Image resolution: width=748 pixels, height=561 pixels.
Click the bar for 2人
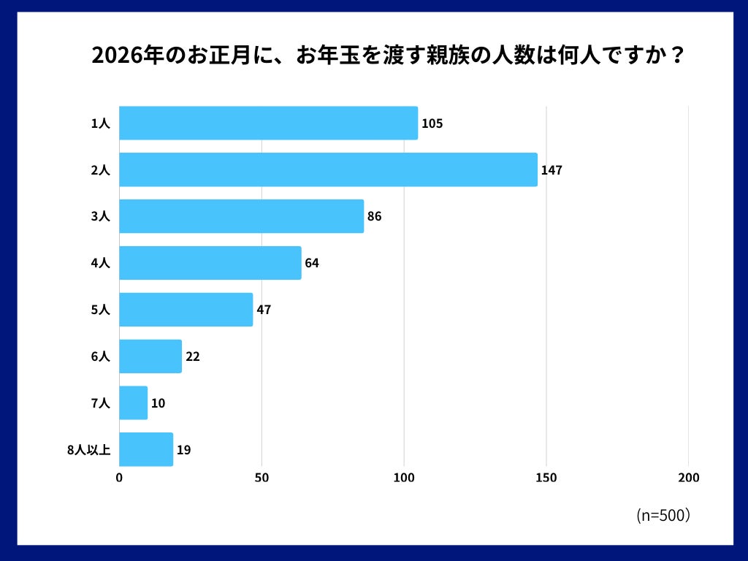click(328, 169)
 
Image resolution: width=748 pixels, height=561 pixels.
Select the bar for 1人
click(268, 123)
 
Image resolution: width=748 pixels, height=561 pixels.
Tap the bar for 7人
click(133, 402)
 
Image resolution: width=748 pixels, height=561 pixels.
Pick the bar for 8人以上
click(146, 449)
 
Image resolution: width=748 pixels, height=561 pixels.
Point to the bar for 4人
click(210, 263)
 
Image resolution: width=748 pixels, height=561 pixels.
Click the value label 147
click(552, 170)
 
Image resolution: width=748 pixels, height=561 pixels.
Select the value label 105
click(432, 123)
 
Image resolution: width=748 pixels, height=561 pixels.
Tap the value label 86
click(375, 217)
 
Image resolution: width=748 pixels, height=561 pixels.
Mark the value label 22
click(193, 356)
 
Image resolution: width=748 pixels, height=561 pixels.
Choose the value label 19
click(184, 450)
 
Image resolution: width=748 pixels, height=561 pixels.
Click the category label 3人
click(100, 217)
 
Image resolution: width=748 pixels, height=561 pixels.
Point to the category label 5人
click(100, 310)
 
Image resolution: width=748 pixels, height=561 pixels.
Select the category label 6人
click(100, 356)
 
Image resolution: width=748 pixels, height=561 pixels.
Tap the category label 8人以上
click(88, 450)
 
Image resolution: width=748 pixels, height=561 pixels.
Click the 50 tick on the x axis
click(262, 478)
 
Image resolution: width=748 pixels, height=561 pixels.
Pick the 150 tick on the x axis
click(546, 478)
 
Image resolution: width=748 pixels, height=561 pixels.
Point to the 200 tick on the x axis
click(688, 478)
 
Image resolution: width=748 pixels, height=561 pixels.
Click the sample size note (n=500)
click(663, 515)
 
